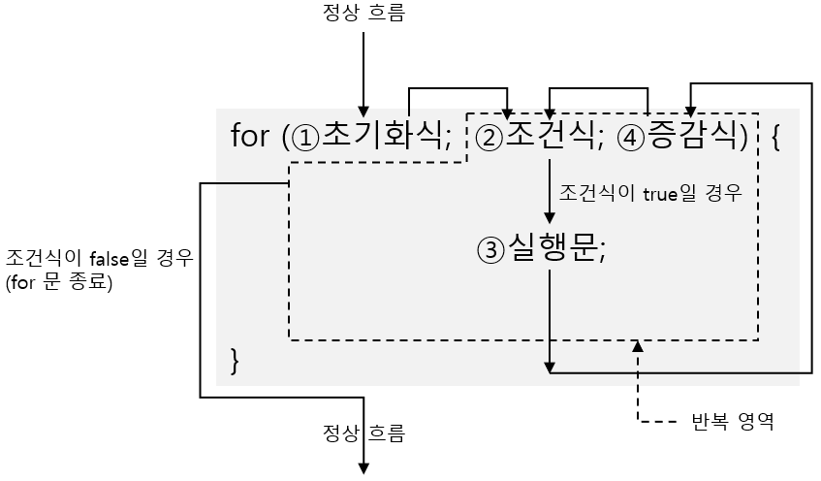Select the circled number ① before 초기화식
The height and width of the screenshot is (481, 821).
point(306,137)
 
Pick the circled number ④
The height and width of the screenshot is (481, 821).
point(631,137)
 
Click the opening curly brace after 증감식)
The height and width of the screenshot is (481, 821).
point(774,136)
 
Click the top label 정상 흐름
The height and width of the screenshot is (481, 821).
point(363,14)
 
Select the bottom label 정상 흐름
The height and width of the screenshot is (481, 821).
point(363,431)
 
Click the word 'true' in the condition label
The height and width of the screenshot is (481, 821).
point(660,193)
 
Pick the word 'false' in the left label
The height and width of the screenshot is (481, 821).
point(108,260)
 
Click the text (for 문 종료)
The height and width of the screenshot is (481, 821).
point(59,283)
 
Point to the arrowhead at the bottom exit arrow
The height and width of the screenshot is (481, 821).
point(364,469)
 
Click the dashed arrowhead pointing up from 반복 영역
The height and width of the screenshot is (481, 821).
point(637,344)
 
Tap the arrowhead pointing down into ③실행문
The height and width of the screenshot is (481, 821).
point(550,221)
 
